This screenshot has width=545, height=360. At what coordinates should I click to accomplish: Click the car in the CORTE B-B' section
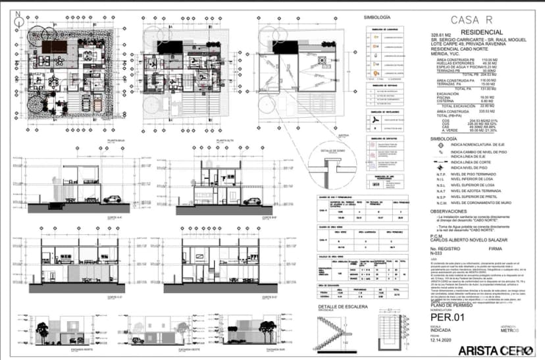pos(249,201)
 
